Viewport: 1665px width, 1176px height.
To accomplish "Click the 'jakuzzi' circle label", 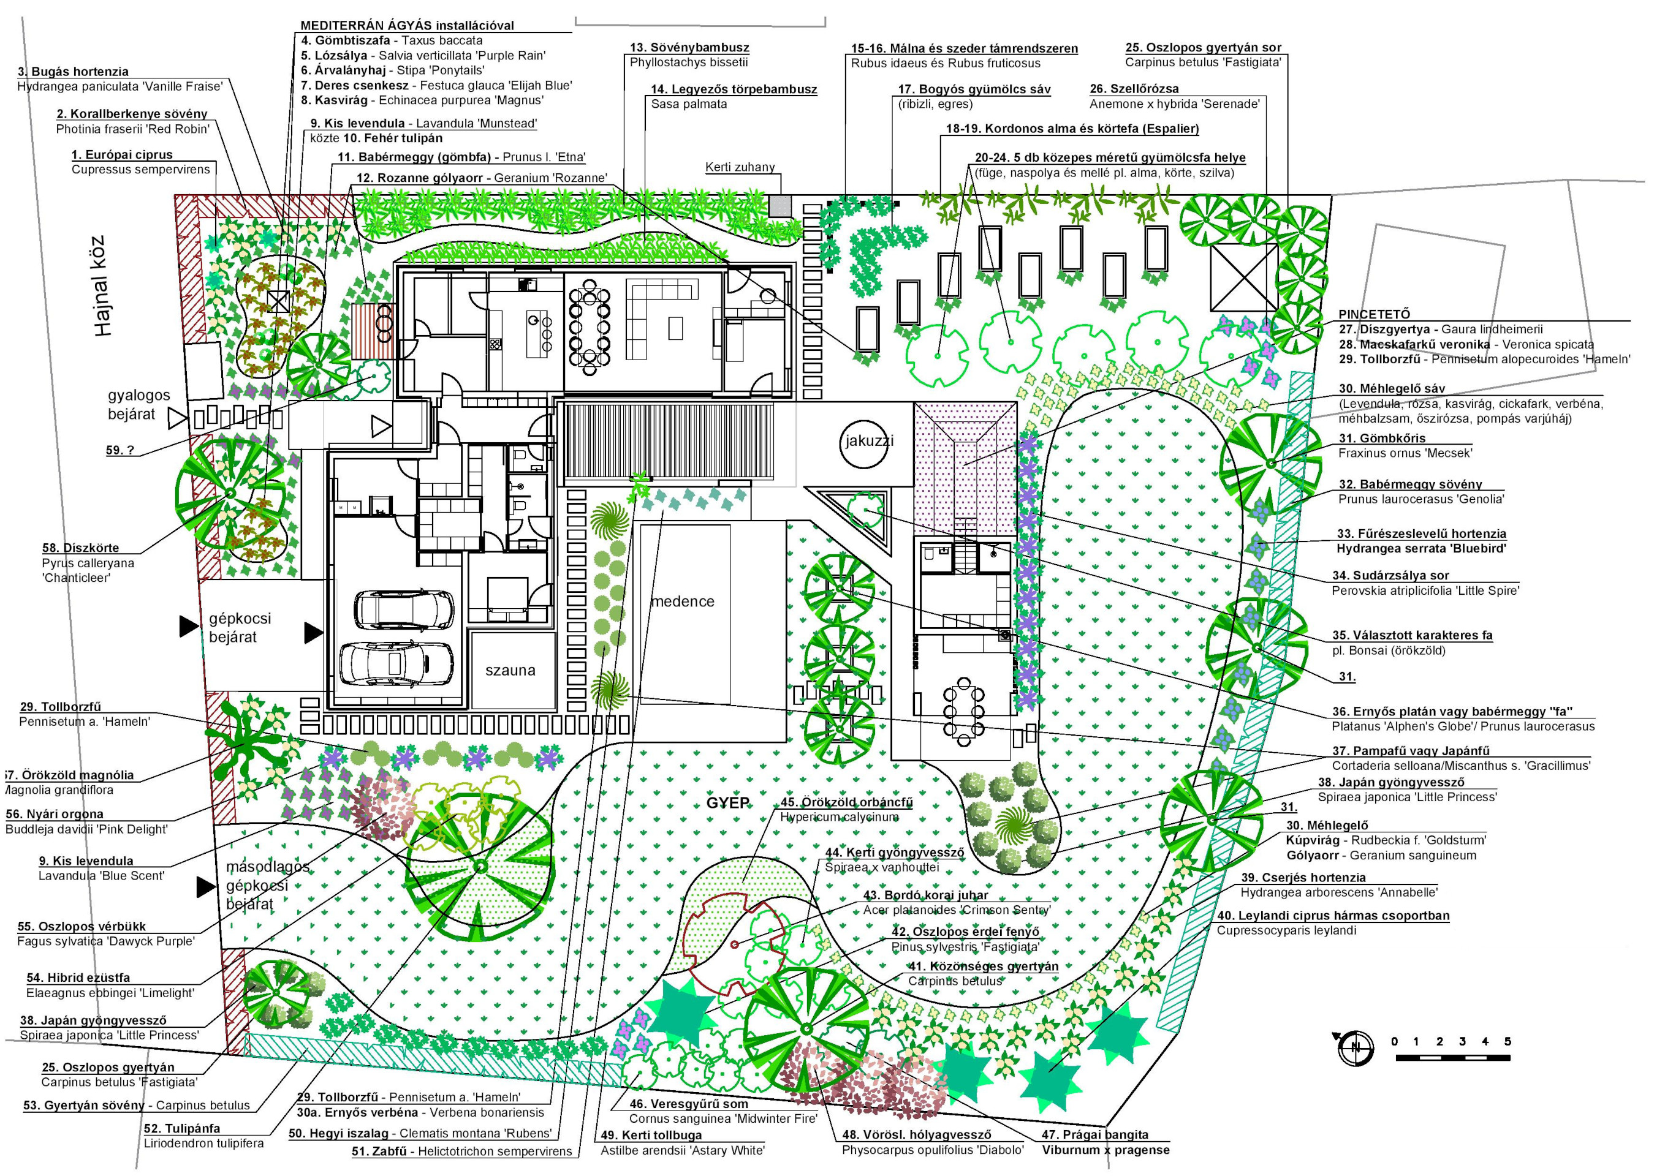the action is click(869, 442).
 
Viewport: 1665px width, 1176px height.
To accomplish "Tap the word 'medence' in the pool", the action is click(683, 601).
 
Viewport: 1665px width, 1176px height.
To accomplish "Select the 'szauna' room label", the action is click(510, 671).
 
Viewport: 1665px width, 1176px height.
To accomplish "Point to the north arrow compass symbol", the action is click(1355, 1049).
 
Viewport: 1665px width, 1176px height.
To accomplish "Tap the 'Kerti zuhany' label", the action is click(740, 167).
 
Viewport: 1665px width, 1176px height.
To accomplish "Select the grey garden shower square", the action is click(780, 206).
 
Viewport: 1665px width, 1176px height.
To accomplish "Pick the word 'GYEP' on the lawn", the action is click(727, 804).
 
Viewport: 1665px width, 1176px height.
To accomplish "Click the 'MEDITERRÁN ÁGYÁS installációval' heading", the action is click(407, 25).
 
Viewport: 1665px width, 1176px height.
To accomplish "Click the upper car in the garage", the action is click(404, 610).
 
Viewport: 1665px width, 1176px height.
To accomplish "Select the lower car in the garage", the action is click(396, 663).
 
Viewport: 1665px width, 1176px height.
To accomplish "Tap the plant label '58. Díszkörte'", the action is click(80, 548).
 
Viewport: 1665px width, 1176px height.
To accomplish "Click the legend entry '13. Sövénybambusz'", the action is click(689, 48).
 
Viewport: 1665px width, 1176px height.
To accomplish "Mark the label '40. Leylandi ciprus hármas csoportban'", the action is click(1333, 916).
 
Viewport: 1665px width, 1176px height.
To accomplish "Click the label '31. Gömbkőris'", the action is click(1382, 438).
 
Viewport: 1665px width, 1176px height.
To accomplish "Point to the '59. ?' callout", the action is click(119, 450).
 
